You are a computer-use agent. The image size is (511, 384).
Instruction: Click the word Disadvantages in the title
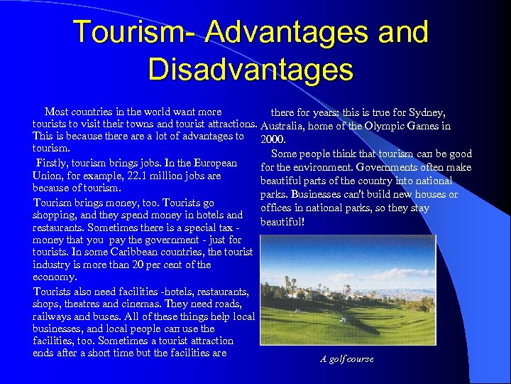tap(251, 70)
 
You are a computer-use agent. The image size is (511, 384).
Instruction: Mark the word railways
tap(53, 316)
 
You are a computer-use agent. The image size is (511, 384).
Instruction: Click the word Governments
tap(396, 167)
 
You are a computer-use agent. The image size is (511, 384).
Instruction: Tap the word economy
tap(55, 278)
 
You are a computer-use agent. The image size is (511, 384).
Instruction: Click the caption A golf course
tap(347, 359)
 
